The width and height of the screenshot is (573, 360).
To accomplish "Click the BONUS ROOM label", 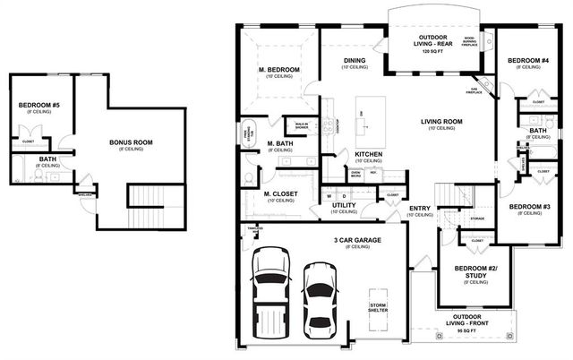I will (x=131, y=142).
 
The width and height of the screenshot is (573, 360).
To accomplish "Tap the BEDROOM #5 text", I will (x=38, y=107).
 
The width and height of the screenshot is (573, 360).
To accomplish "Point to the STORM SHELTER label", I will (x=380, y=307).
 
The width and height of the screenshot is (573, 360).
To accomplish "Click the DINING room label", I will (x=355, y=61).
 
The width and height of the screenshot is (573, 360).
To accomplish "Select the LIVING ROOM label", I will (x=440, y=122).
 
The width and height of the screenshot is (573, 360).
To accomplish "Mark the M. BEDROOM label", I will (x=278, y=70).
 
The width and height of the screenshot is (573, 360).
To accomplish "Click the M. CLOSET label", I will (x=279, y=194).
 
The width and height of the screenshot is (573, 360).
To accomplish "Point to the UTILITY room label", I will (x=344, y=205).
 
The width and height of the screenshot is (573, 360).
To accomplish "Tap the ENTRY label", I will (x=419, y=209).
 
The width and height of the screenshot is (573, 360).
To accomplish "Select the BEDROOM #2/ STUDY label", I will (x=475, y=271).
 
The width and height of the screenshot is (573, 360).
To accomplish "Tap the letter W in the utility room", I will (x=329, y=195).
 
